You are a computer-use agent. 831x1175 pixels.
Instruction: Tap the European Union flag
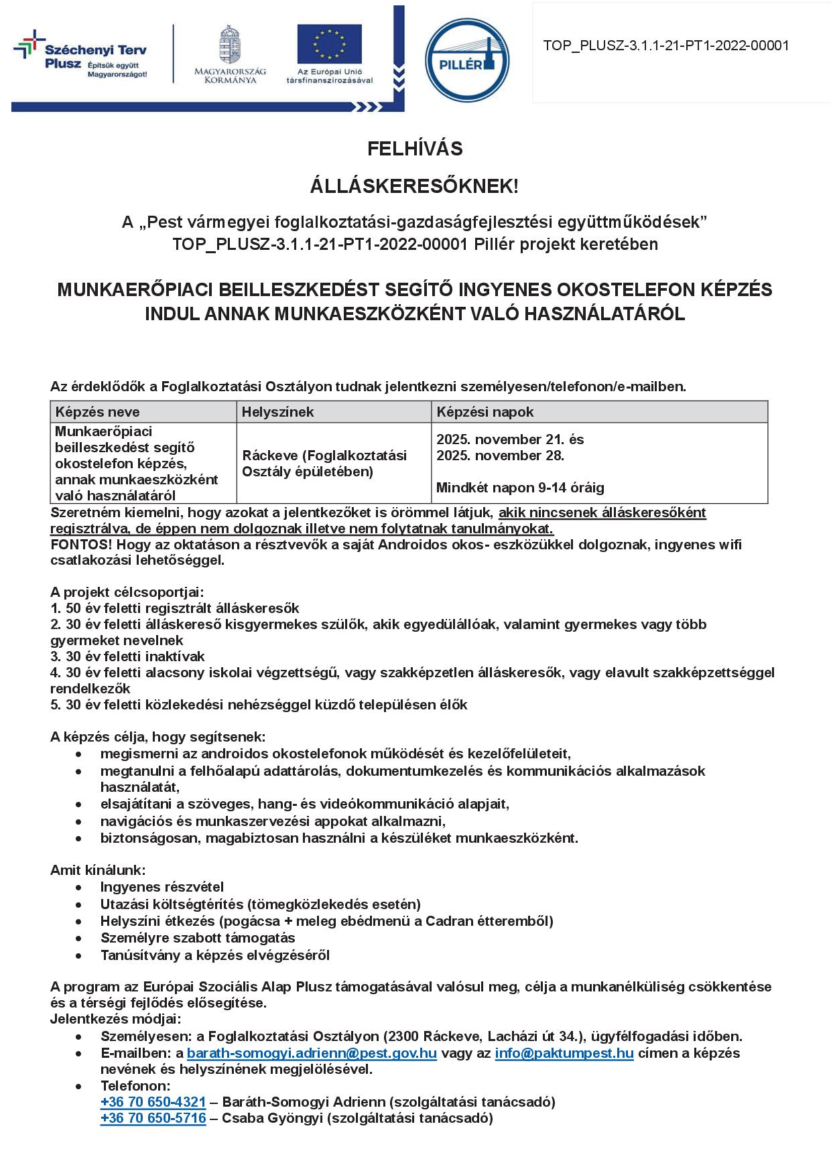pos(329,44)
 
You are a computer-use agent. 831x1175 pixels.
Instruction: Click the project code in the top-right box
pos(665,46)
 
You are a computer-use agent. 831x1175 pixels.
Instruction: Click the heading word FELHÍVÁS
pos(415,149)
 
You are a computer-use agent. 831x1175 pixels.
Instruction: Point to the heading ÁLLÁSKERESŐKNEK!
pos(414,187)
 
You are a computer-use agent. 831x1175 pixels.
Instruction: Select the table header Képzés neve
pos(98,412)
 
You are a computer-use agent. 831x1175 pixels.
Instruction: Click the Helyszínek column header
pos(277,412)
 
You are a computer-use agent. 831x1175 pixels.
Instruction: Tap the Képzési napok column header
pos(485,412)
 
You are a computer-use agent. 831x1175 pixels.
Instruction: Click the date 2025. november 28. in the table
pos(500,456)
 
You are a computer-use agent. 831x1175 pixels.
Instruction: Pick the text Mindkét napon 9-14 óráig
pos(520,488)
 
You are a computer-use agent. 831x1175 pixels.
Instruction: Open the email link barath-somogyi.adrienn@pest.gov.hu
pos(312,1053)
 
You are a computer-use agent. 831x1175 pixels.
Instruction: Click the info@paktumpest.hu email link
pos(564,1053)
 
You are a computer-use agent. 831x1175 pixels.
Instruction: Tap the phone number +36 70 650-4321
pos(153,1102)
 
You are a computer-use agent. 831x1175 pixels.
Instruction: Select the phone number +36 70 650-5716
pos(153,1118)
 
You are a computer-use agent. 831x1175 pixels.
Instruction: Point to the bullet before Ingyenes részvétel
pos(80,888)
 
